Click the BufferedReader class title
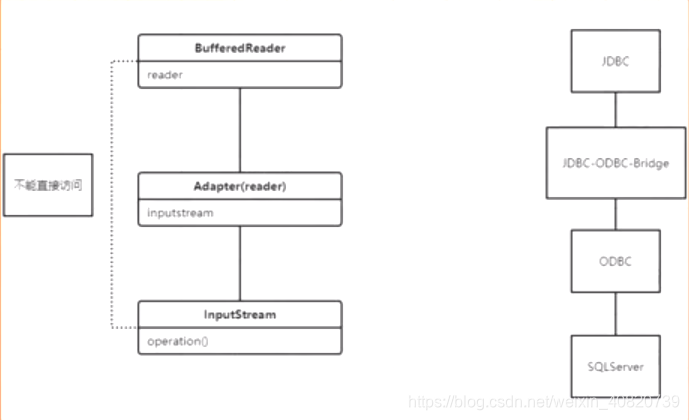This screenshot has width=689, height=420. coord(239,48)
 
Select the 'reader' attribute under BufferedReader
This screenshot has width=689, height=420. coord(164,74)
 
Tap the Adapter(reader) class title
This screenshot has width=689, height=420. coord(239,186)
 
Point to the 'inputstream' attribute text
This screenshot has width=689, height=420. coord(179,212)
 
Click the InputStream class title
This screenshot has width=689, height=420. coord(239,314)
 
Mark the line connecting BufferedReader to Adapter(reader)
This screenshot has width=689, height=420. coord(239,129)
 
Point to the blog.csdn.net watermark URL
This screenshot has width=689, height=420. coord(545,401)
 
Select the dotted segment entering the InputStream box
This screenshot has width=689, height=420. coord(124,327)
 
